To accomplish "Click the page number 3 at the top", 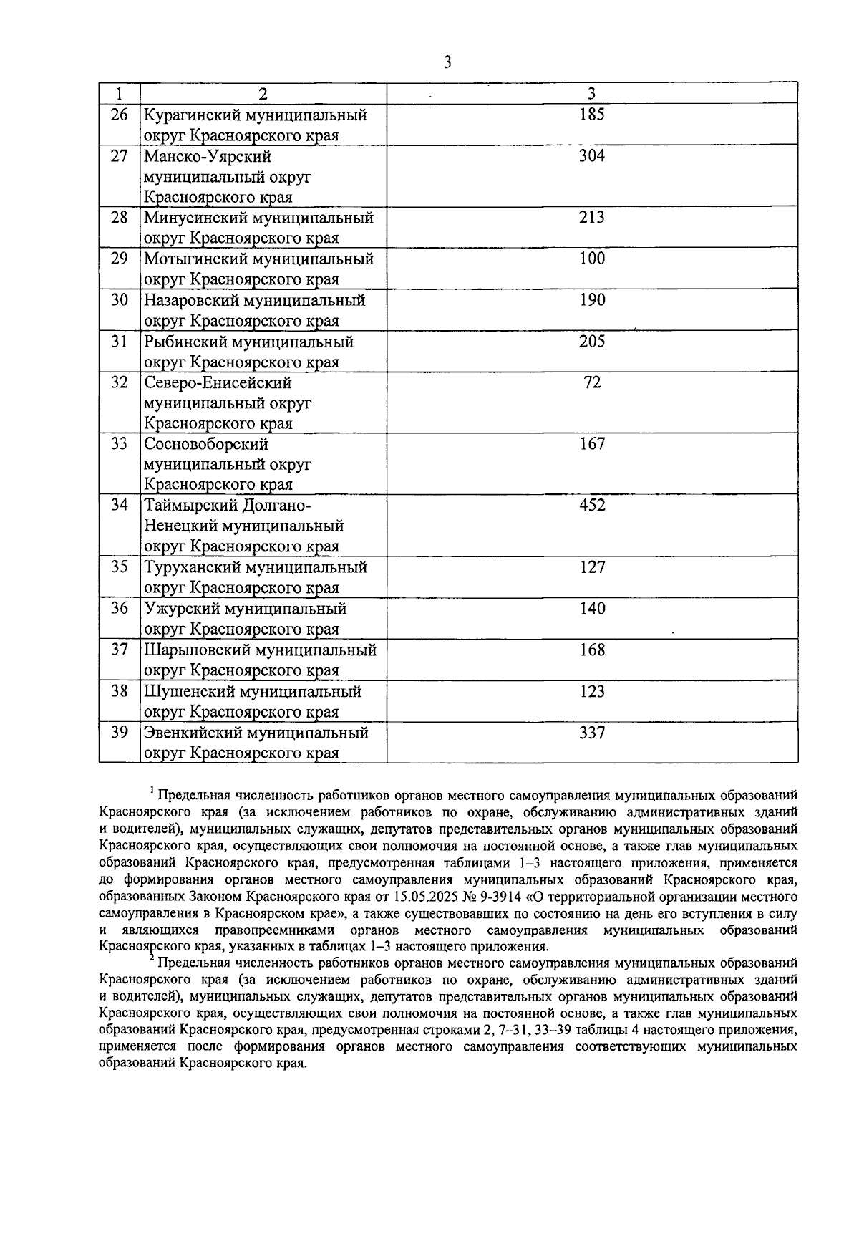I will coord(447,63).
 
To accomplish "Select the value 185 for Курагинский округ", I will coord(592,115).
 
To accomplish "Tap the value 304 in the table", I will coord(592,156).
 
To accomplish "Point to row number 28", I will coord(119,218).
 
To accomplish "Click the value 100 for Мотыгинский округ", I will coord(592,259).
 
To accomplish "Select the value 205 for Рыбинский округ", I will coord(592,342).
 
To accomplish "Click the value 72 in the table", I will coord(592,383).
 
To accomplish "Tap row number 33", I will coord(119,445).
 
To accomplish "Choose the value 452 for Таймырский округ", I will coord(592,506).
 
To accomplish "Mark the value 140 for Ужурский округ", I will coord(592,609).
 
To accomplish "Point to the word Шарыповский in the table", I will coord(193,651).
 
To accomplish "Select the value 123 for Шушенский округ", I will coord(592,693).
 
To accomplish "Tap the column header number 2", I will coord(263,94).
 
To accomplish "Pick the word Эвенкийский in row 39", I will coord(192,734).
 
